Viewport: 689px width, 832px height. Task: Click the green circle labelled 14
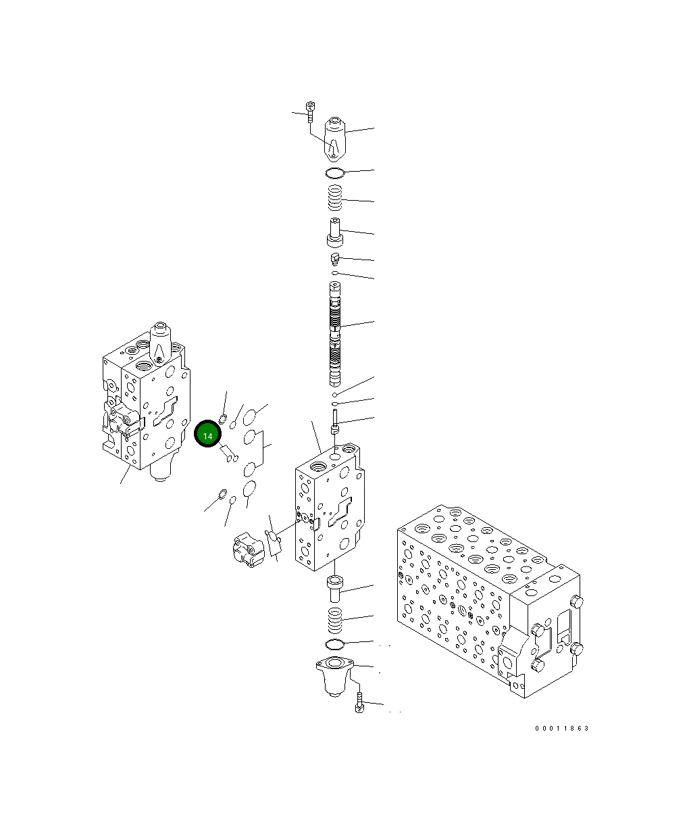(207, 436)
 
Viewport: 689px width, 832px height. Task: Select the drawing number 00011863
(561, 729)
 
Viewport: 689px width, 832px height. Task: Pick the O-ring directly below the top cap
(335, 174)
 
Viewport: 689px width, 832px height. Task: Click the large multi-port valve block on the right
(486, 602)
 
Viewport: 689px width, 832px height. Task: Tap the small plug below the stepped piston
(335, 258)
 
